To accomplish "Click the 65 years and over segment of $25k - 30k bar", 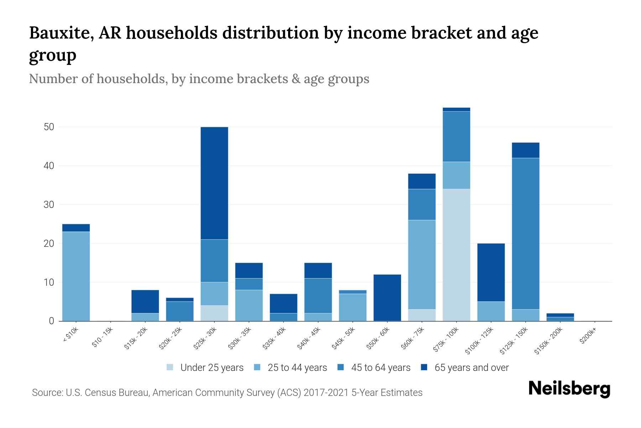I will [214, 183].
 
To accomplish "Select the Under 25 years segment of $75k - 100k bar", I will [456, 255].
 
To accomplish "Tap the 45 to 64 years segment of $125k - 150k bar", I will [525, 234].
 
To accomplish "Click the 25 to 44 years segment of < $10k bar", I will [76, 276].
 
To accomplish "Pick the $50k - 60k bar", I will [387, 298].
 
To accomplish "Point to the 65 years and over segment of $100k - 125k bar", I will [491, 272].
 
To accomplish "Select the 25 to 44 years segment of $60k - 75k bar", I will [422, 265].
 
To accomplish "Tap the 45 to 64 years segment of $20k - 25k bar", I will [180, 311].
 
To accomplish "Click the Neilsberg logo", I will [569, 389].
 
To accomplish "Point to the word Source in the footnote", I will [46, 393].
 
